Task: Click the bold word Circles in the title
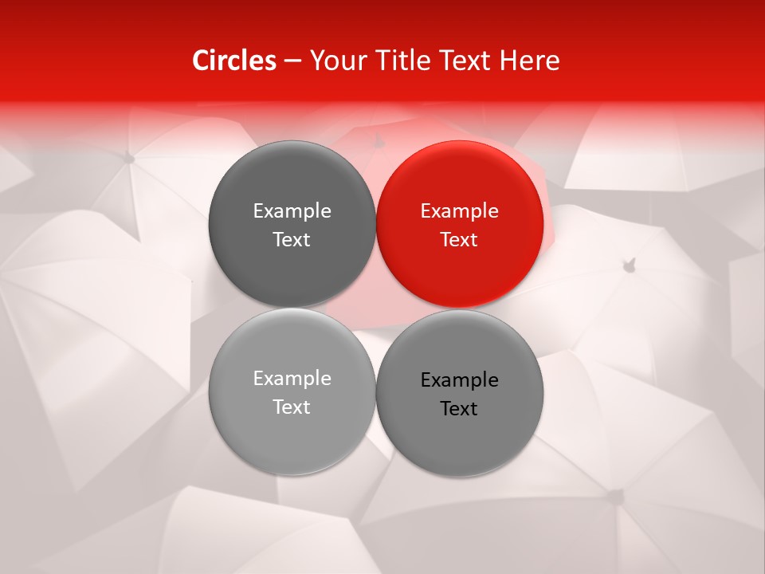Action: pyautogui.click(x=234, y=61)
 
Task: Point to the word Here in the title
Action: pyautogui.click(x=529, y=61)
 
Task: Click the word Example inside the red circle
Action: pyautogui.click(x=460, y=211)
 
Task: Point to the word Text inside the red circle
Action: pyautogui.click(x=460, y=240)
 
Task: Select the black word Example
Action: pyautogui.click(x=460, y=380)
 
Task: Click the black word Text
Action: pyautogui.click(x=460, y=409)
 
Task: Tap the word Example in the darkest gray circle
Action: pyautogui.click(x=292, y=211)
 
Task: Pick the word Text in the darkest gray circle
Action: pyautogui.click(x=292, y=240)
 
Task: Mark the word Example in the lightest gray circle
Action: pyautogui.click(x=292, y=379)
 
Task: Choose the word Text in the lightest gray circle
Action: pyautogui.click(x=292, y=407)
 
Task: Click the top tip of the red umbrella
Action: pyautogui.click(x=379, y=141)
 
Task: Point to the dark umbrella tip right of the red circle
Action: pyautogui.click(x=630, y=263)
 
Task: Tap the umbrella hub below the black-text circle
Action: pyautogui.click(x=613, y=495)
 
